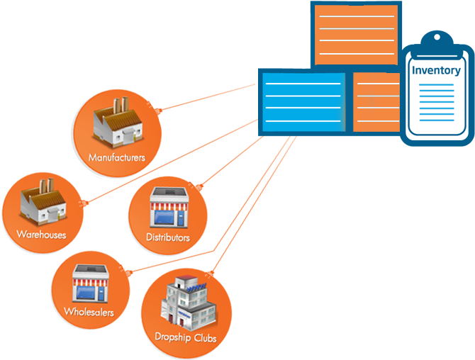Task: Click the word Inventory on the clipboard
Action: [436, 70]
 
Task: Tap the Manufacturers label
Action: [117, 157]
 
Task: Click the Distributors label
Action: [167, 237]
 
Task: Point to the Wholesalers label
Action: [89, 312]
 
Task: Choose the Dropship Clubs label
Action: [186, 337]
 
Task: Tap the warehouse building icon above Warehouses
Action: [43, 202]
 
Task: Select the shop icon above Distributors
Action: [168, 208]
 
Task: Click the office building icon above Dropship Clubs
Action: [186, 301]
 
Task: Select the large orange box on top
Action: [356, 33]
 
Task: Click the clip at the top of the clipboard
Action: [435, 39]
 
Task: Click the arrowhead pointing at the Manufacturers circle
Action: [159, 110]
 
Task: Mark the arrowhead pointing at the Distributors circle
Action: [199, 186]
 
